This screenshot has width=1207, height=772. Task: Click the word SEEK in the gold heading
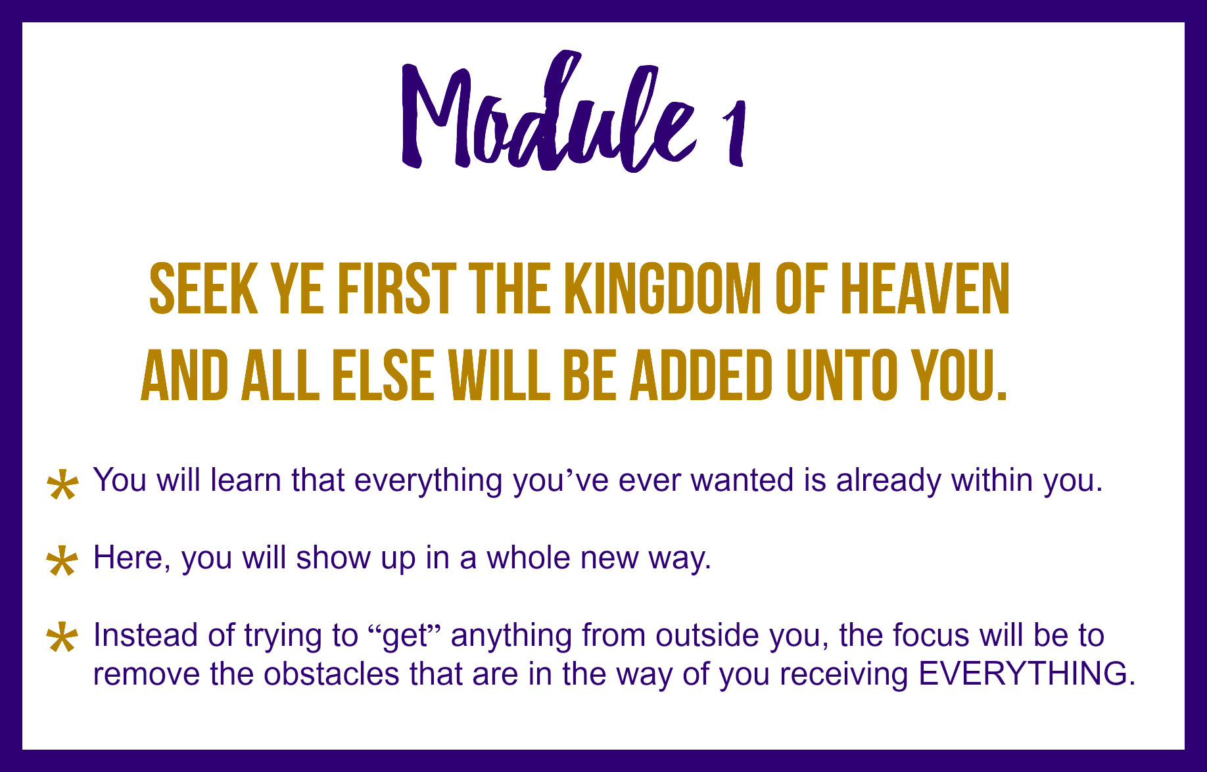click(204, 288)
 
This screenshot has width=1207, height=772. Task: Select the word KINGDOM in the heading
click(663, 288)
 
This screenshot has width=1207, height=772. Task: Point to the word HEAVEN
click(926, 288)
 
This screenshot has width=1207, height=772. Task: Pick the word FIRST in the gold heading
click(397, 288)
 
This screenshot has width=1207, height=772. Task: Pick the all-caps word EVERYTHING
click(1026, 674)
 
